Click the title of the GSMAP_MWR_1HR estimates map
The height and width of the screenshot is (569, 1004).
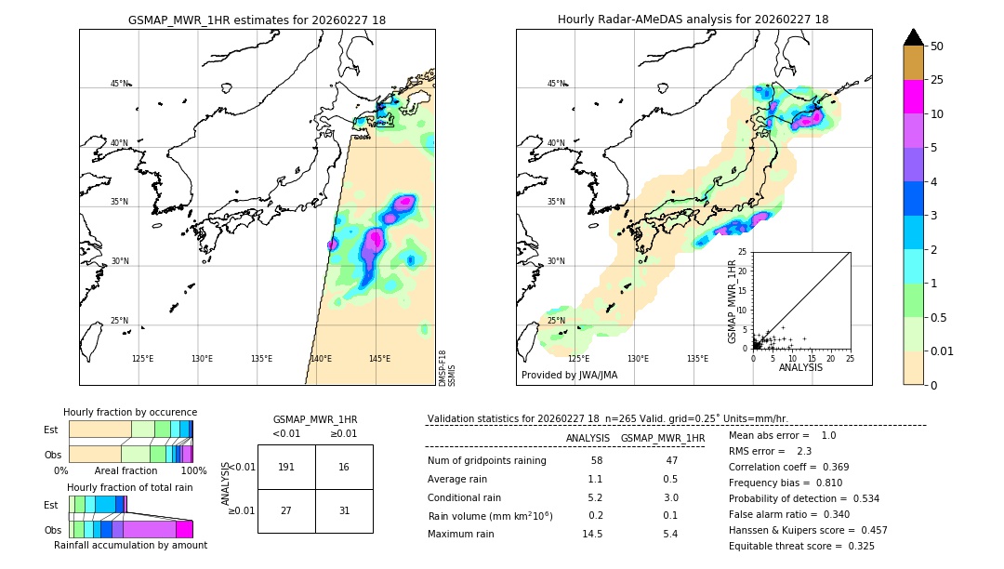pos(257,20)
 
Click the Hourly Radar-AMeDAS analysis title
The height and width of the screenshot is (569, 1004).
pos(694,20)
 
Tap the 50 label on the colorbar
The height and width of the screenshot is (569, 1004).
pos(937,46)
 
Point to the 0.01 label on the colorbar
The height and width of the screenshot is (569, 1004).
pos(943,351)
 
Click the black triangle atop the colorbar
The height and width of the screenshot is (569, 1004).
pos(914,37)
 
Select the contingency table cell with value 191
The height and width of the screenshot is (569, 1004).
pos(286,467)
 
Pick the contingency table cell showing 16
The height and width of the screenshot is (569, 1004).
pos(344,467)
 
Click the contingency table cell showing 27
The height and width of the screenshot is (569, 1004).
pos(286,510)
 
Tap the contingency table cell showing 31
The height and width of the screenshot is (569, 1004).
pos(344,510)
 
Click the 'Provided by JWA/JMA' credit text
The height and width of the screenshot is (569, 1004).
pos(569,376)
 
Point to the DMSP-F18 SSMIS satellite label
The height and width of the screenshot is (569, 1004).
pos(447,368)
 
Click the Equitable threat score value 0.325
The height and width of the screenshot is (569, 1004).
pos(855,546)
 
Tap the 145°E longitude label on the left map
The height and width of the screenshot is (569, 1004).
pos(379,359)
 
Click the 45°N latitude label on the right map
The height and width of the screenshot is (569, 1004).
pos(556,84)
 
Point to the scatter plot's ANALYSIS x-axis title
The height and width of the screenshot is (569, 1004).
pos(801,367)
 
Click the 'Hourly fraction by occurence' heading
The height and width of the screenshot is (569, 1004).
pos(130,412)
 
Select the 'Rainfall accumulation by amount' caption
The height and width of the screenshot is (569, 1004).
pos(130,545)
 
